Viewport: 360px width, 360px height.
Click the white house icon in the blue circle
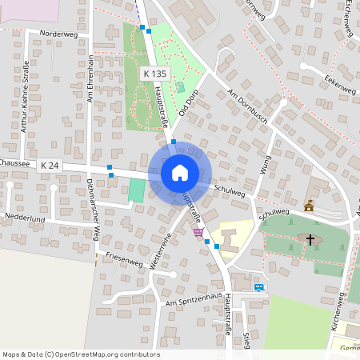click(179, 173)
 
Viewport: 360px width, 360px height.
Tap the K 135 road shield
click(155, 73)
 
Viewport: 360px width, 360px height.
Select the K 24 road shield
click(50, 165)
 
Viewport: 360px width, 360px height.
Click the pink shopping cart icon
click(198, 232)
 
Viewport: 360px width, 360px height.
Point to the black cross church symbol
click(310, 239)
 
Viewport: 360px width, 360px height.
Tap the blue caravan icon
click(258, 287)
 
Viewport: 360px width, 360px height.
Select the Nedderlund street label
click(26, 217)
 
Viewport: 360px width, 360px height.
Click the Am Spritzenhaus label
click(192, 302)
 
